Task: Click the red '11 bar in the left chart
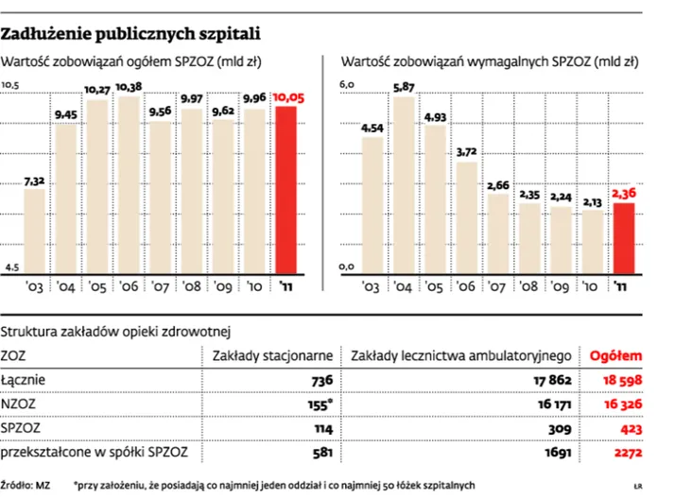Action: pyautogui.click(x=286, y=190)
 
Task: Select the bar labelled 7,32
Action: pyautogui.click(x=34, y=232)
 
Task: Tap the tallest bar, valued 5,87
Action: pyautogui.click(x=404, y=185)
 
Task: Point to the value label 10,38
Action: pyautogui.click(x=129, y=87)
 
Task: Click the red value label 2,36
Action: pyautogui.click(x=624, y=194)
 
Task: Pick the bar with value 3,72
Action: pyautogui.click(x=467, y=218)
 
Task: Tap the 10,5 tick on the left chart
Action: pyautogui.click(x=10, y=85)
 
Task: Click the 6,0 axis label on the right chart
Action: pyautogui.click(x=347, y=84)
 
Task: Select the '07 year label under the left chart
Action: pyautogui.click(x=160, y=286)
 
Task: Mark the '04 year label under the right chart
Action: pyautogui.click(x=403, y=286)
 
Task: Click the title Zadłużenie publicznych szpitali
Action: pyautogui.click(x=130, y=34)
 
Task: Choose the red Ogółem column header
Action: pyautogui.click(x=615, y=355)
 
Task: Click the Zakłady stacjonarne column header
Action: pyautogui.click(x=272, y=356)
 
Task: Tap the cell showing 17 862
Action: pyautogui.click(x=552, y=380)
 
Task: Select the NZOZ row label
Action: pyautogui.click(x=18, y=404)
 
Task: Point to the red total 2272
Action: pyautogui.click(x=628, y=453)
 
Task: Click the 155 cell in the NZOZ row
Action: pyautogui.click(x=320, y=404)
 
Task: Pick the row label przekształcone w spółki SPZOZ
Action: pyautogui.click(x=95, y=453)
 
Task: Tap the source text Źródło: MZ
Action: pyautogui.click(x=25, y=485)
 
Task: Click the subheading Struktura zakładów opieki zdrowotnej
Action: pyautogui.click(x=115, y=332)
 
